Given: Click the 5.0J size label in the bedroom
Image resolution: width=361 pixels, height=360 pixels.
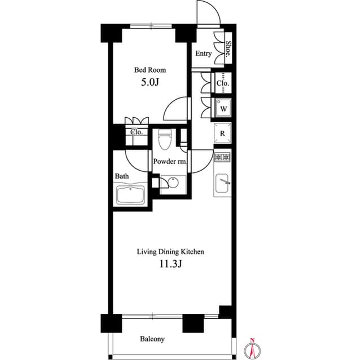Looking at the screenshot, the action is click(150, 82).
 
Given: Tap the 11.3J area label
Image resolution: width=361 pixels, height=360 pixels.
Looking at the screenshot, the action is click(171, 264).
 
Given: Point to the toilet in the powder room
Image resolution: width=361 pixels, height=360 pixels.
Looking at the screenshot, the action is click(165, 139).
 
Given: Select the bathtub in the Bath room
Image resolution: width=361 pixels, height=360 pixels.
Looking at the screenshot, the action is click(130, 195).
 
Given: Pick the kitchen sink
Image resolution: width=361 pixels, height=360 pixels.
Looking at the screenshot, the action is click(222, 184).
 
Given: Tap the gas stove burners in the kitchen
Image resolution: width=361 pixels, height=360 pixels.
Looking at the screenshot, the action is click(222, 158).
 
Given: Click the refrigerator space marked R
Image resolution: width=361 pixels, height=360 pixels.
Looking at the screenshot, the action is click(222, 134).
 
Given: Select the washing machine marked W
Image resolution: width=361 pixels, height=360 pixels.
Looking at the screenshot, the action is click(223, 109).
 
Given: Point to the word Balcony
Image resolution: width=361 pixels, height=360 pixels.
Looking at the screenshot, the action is click(152, 339).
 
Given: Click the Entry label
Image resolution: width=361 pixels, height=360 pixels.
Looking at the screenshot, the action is click(204, 54).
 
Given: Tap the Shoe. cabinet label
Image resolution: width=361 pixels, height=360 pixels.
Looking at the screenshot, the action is click(228, 48).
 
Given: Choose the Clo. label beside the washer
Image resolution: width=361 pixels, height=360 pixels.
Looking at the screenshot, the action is click(223, 83).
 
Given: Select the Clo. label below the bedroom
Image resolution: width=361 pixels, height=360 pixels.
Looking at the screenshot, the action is click(137, 132).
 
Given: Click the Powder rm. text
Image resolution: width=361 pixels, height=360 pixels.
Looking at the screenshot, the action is click(170, 161).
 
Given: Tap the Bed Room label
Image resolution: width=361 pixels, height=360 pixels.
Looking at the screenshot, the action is click(150, 70).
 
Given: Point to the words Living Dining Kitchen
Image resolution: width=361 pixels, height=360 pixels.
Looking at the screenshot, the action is click(170, 252).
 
